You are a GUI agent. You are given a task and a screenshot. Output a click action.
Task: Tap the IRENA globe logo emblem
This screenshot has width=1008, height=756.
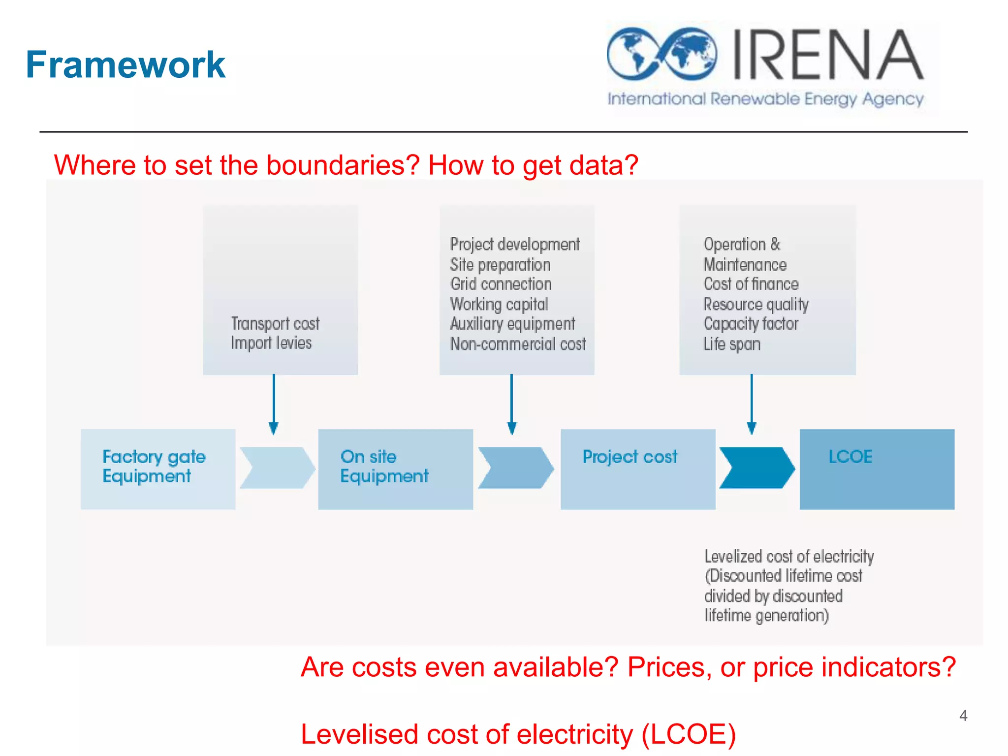[661, 54]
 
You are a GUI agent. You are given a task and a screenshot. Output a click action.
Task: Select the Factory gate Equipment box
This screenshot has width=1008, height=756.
[157, 469]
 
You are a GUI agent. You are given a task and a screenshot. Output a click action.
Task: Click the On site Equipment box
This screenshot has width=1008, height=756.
[395, 469]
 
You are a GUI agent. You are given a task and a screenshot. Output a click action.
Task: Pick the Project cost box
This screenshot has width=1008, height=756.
[637, 469]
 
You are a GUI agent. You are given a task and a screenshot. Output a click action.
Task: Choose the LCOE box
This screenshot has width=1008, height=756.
[877, 469]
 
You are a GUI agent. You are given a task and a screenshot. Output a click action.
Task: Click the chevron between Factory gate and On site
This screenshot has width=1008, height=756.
[277, 468]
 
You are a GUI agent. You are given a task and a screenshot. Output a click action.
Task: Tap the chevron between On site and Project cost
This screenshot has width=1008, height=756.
[515, 468]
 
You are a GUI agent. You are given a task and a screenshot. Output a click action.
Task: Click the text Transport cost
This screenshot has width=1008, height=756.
[275, 323]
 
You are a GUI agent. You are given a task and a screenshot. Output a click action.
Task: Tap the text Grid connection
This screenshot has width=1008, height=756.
[501, 284]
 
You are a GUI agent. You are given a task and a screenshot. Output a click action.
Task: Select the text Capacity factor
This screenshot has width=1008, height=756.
[751, 324]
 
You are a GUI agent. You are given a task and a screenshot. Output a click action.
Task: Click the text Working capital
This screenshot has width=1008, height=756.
[499, 304]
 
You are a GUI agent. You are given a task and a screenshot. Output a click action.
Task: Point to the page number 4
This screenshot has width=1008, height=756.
[963, 715]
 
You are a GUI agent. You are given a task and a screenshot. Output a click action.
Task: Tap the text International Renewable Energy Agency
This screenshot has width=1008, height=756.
[765, 99]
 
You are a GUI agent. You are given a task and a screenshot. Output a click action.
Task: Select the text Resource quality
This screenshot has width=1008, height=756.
[756, 304]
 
